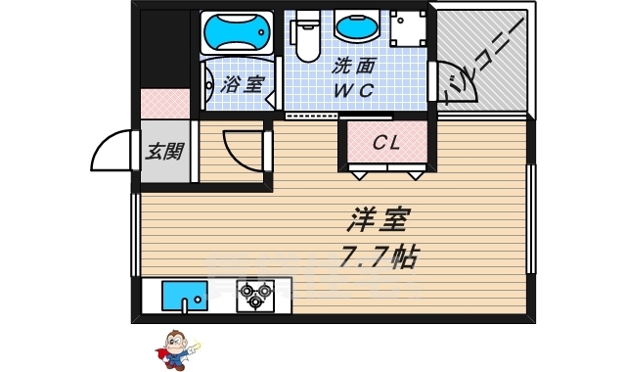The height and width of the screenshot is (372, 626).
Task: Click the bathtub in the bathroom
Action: [x=236, y=31]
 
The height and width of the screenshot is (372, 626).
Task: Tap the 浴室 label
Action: [x=240, y=85]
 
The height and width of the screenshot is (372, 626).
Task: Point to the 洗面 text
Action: [x=353, y=70]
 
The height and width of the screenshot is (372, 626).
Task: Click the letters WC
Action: [x=354, y=91]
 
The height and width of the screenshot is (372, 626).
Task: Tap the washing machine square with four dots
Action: [x=403, y=30]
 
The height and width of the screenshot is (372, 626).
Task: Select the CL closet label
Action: [x=387, y=143]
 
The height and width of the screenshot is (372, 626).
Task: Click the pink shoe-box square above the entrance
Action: [x=163, y=103]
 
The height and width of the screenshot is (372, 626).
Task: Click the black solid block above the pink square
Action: [x=163, y=49]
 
